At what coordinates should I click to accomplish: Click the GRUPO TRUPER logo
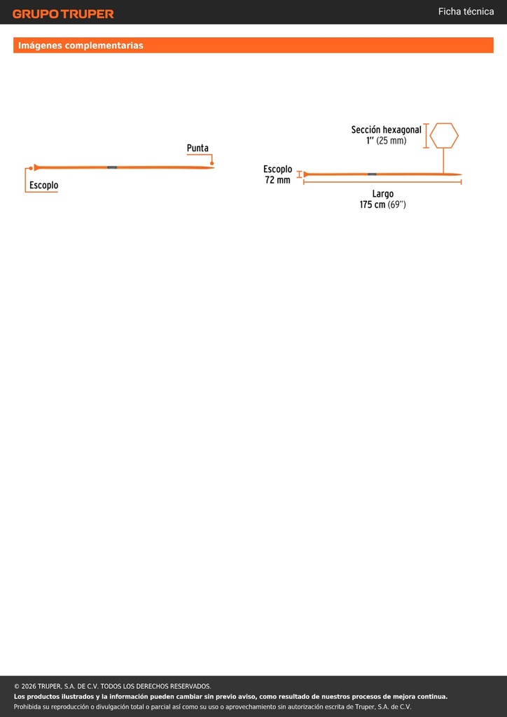(63, 14)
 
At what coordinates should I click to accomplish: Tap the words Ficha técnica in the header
(466, 11)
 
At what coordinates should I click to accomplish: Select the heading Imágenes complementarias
(81, 46)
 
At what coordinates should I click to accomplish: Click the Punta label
(197, 148)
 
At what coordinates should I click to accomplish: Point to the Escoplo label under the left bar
(44, 185)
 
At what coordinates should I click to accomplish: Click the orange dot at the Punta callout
(212, 163)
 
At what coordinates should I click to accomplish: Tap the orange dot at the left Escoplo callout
(31, 168)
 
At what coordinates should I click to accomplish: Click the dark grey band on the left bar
(112, 168)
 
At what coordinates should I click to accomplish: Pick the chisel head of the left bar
(37, 168)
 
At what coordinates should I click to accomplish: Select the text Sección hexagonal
(387, 130)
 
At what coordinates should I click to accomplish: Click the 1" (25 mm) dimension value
(386, 141)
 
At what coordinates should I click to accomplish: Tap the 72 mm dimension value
(277, 180)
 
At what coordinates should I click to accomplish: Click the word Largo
(382, 194)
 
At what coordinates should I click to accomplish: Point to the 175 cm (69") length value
(382, 205)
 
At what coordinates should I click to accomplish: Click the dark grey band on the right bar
(372, 174)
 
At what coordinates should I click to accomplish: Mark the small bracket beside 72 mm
(300, 174)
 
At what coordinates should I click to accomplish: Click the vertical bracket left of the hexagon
(426, 136)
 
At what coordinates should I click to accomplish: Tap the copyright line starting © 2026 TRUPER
(113, 686)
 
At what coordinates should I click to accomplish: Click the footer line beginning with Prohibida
(213, 707)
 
